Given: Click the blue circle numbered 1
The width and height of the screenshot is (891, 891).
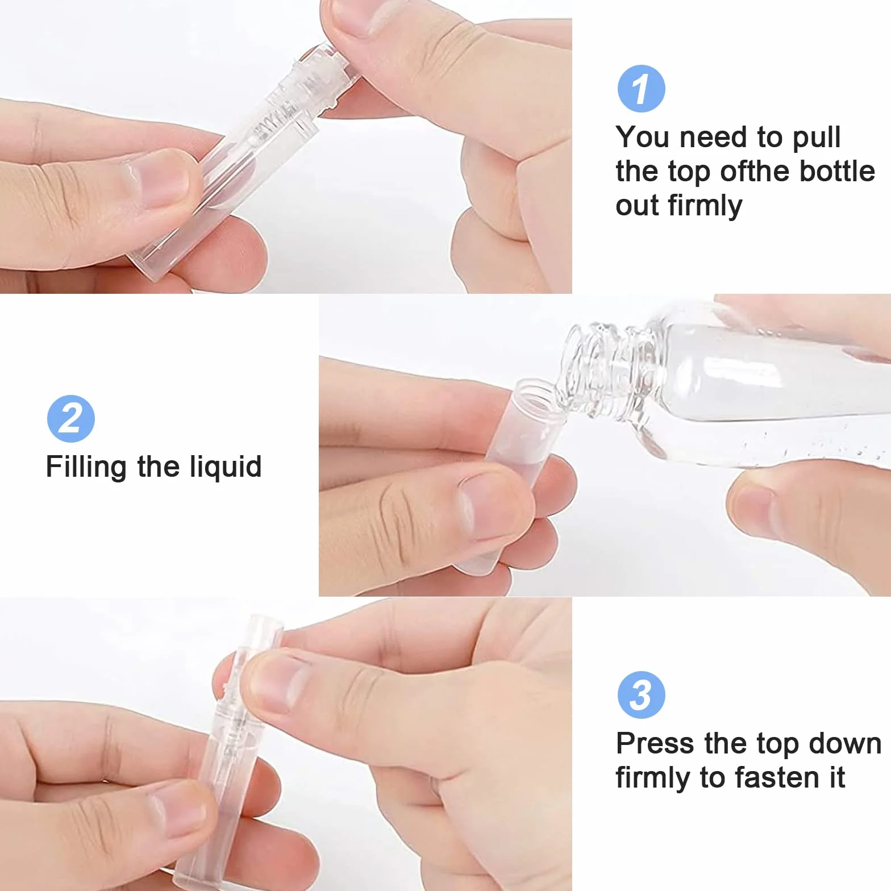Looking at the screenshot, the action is point(641,89).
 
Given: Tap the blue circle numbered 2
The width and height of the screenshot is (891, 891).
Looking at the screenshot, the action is point(70,419).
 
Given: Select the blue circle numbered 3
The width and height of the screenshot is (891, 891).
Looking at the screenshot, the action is point(641,695).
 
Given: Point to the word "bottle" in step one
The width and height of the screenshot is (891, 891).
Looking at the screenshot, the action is point(836,171).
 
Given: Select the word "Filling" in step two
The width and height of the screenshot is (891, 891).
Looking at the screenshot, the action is point(86,468).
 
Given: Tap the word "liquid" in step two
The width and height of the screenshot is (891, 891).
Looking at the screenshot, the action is point(226,468).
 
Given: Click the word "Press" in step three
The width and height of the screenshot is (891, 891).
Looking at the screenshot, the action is point(655,743).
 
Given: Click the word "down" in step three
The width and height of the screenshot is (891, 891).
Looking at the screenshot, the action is point(844,743).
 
